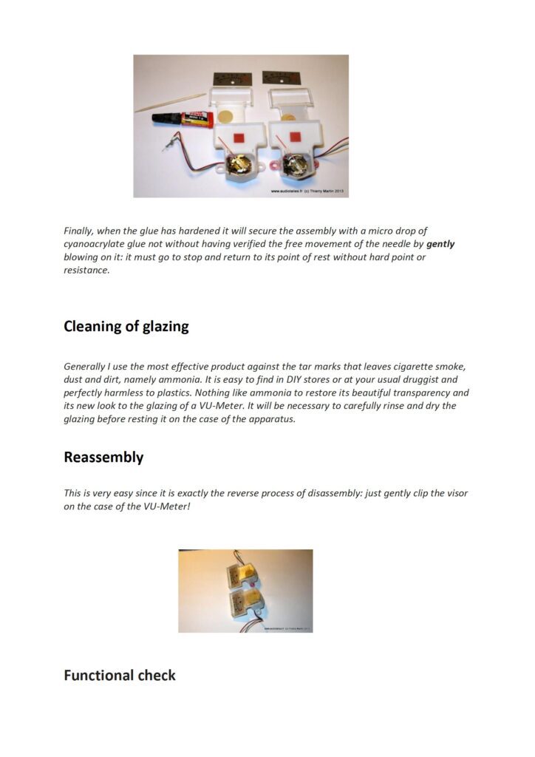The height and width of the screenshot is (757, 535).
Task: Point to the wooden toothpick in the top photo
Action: (169, 103)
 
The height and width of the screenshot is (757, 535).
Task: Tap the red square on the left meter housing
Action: (238, 138)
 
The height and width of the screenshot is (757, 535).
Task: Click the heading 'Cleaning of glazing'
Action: (126, 327)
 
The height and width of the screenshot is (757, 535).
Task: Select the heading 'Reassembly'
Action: (103, 457)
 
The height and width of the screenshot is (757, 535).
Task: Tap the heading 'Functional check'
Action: (120, 675)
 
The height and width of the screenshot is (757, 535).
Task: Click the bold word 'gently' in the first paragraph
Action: (440, 244)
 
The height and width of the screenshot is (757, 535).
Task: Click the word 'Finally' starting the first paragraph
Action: (79, 231)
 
